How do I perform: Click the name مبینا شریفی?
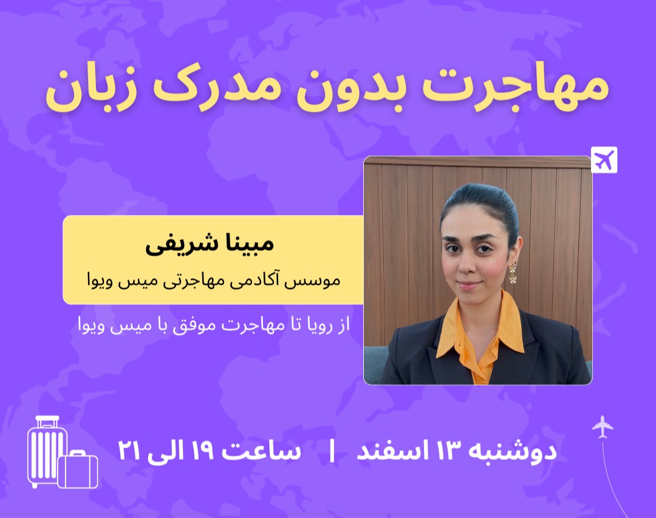coord(210,243)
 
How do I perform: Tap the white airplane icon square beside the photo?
coord(604,160)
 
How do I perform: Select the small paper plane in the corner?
coord(603,426)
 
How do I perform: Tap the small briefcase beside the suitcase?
coord(78,470)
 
